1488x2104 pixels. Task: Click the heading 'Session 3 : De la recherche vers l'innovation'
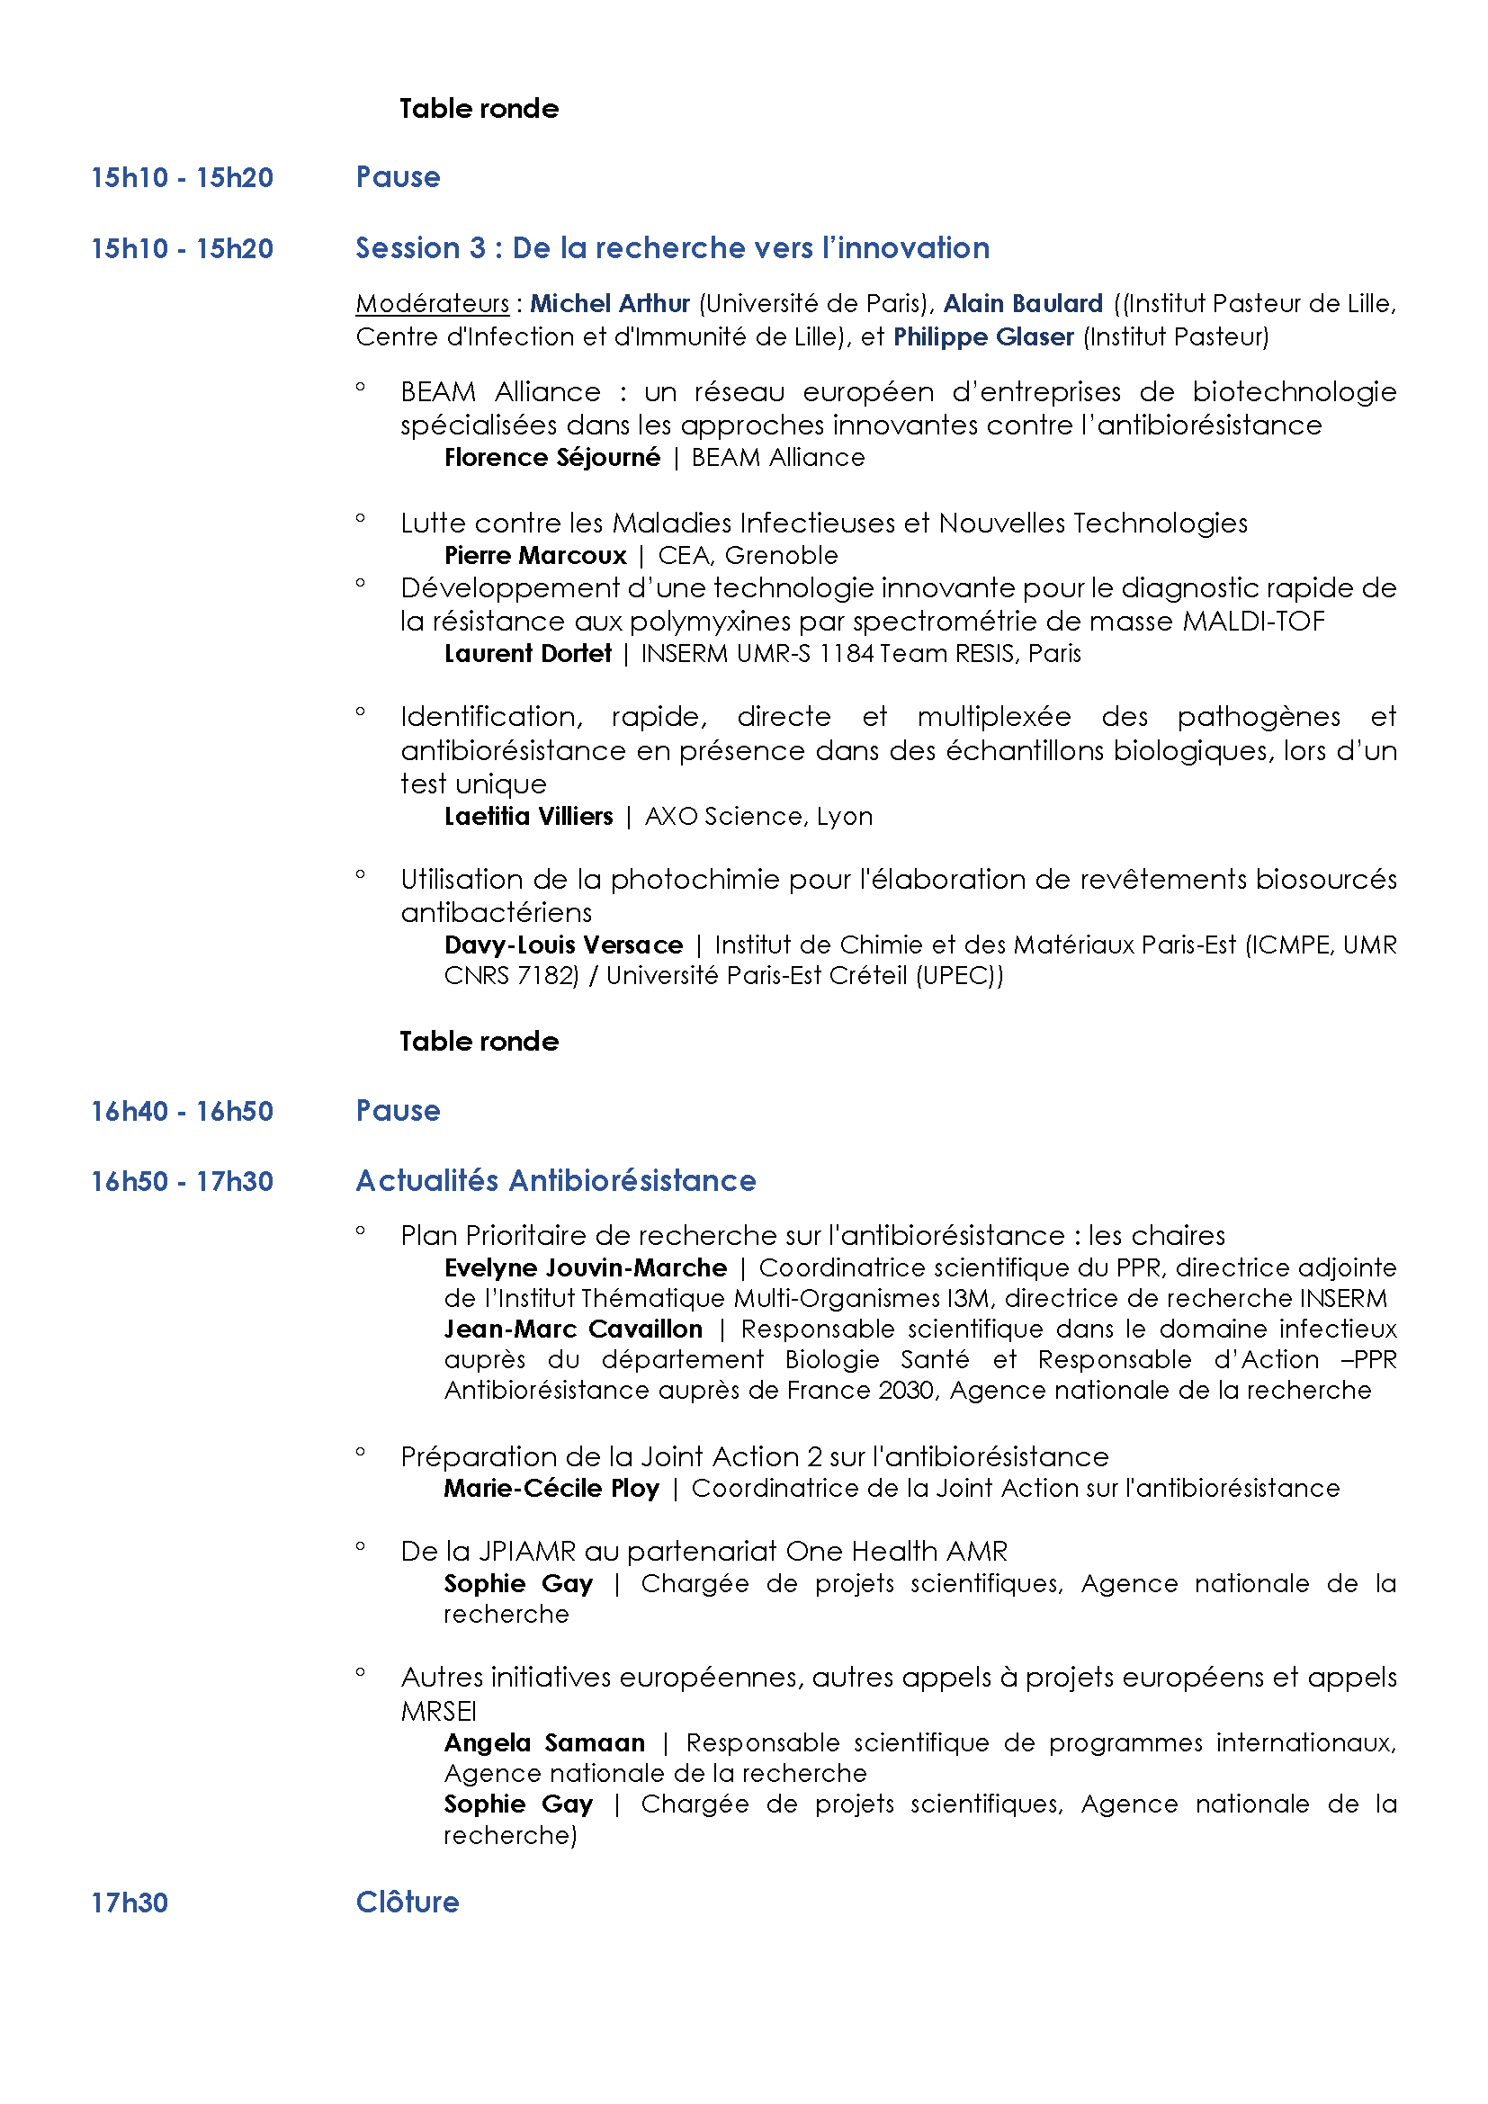click(x=672, y=248)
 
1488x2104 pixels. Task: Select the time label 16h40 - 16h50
click(x=182, y=1111)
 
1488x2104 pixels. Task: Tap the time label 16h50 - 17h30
click(x=182, y=1181)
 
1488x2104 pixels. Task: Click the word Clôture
click(x=407, y=1903)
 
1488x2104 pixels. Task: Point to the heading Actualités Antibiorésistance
click(x=555, y=1180)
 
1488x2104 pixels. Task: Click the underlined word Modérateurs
click(x=432, y=303)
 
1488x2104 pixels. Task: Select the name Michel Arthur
click(x=609, y=303)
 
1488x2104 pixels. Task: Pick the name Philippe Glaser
click(x=982, y=337)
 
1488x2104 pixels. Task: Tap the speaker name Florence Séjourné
click(x=551, y=457)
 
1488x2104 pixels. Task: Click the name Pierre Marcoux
click(x=535, y=555)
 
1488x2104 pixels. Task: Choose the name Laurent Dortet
click(x=527, y=653)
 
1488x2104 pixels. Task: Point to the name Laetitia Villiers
click(x=528, y=816)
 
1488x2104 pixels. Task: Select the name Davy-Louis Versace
click(x=562, y=945)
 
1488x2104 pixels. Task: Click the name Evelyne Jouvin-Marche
click(x=585, y=1267)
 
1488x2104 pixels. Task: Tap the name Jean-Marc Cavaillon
click(x=573, y=1329)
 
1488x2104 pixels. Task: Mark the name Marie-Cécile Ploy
click(x=551, y=1488)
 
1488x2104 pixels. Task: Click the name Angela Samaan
click(x=543, y=1742)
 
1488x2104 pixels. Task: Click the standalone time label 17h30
click(x=130, y=1903)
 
